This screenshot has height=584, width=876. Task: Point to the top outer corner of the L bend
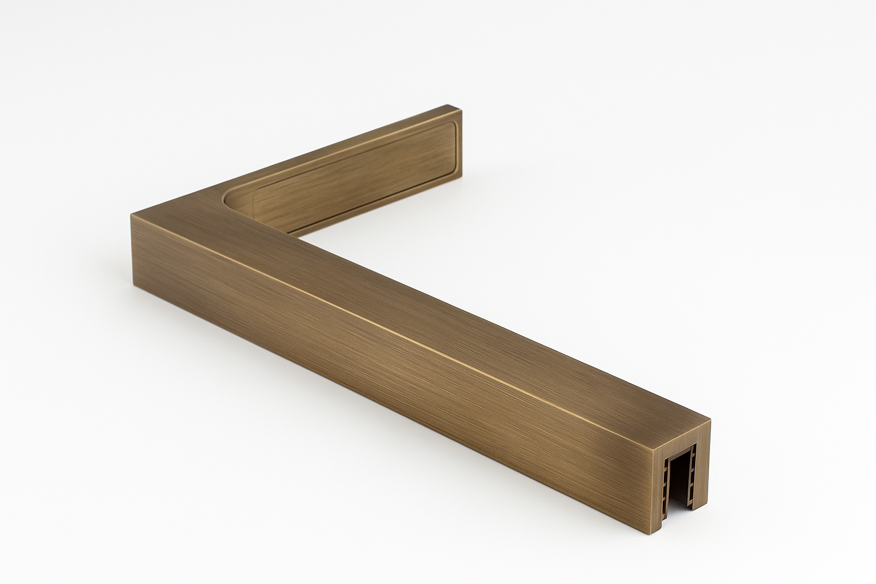[x=131, y=215]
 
